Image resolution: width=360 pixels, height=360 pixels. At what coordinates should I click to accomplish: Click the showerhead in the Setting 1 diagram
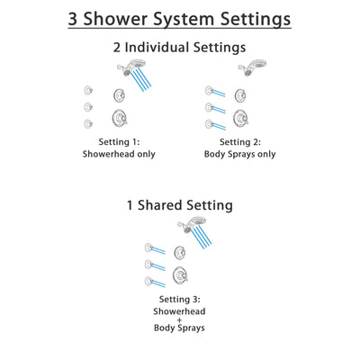(123, 71)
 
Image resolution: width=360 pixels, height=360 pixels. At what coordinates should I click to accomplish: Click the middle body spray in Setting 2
(210, 107)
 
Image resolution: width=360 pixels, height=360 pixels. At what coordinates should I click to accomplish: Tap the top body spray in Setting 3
(149, 246)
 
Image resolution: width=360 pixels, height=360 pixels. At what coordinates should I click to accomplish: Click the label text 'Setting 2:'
(240, 142)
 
